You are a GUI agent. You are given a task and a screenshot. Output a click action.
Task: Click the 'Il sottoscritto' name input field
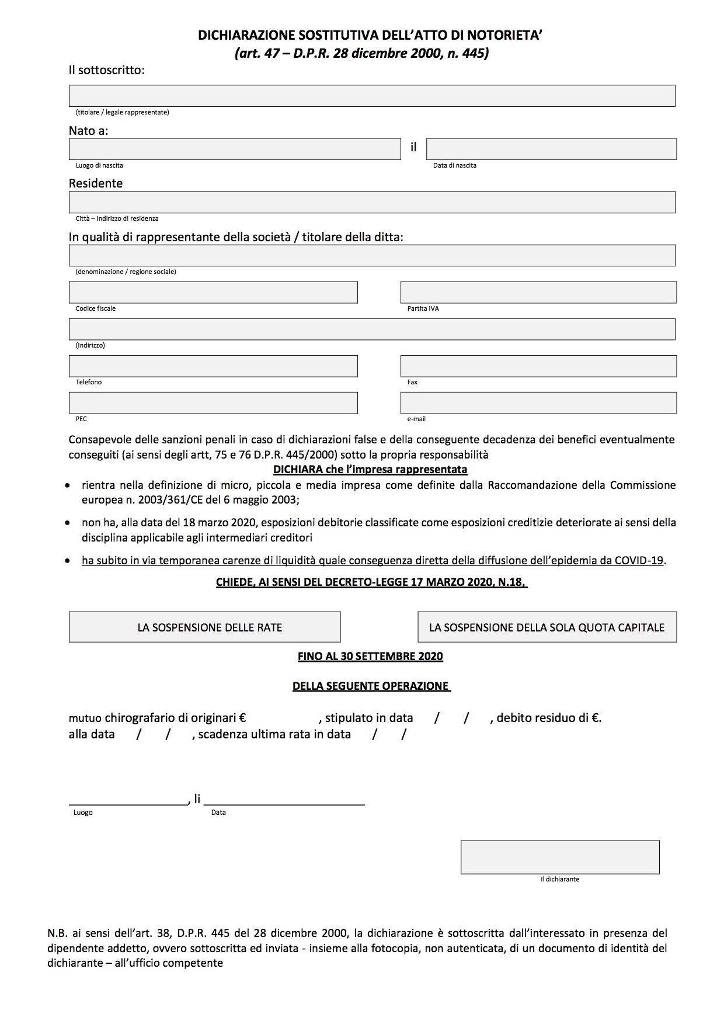(x=371, y=96)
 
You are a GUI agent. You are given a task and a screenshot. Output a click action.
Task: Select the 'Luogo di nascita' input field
(x=234, y=149)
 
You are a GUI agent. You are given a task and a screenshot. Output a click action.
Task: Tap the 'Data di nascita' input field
(x=551, y=149)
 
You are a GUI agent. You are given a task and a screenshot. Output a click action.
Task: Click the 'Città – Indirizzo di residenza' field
(x=371, y=202)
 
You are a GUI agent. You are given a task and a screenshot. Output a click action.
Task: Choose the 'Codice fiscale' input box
(x=213, y=292)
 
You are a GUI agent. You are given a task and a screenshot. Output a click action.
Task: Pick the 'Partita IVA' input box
(x=538, y=292)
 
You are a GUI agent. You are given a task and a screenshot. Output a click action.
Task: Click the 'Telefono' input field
(x=213, y=366)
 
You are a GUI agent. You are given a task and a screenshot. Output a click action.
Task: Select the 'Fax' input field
(x=538, y=366)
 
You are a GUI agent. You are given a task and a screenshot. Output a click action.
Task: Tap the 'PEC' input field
(x=213, y=402)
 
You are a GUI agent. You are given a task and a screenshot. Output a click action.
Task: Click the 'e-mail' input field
(x=538, y=402)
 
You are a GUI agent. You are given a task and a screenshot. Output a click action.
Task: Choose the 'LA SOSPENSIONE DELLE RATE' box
(x=204, y=627)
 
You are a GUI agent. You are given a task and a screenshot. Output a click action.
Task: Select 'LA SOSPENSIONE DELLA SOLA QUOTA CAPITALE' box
(x=547, y=627)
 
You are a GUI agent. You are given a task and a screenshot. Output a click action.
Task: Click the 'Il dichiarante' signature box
(x=560, y=857)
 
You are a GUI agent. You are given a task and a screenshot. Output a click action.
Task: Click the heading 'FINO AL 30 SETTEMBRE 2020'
(x=370, y=656)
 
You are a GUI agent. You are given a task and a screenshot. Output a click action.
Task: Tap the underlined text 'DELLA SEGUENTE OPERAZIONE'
(x=371, y=686)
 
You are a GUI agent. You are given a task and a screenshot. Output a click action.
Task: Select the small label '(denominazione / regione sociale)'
(x=126, y=272)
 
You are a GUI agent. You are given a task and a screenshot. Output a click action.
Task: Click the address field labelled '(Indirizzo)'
(x=371, y=329)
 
